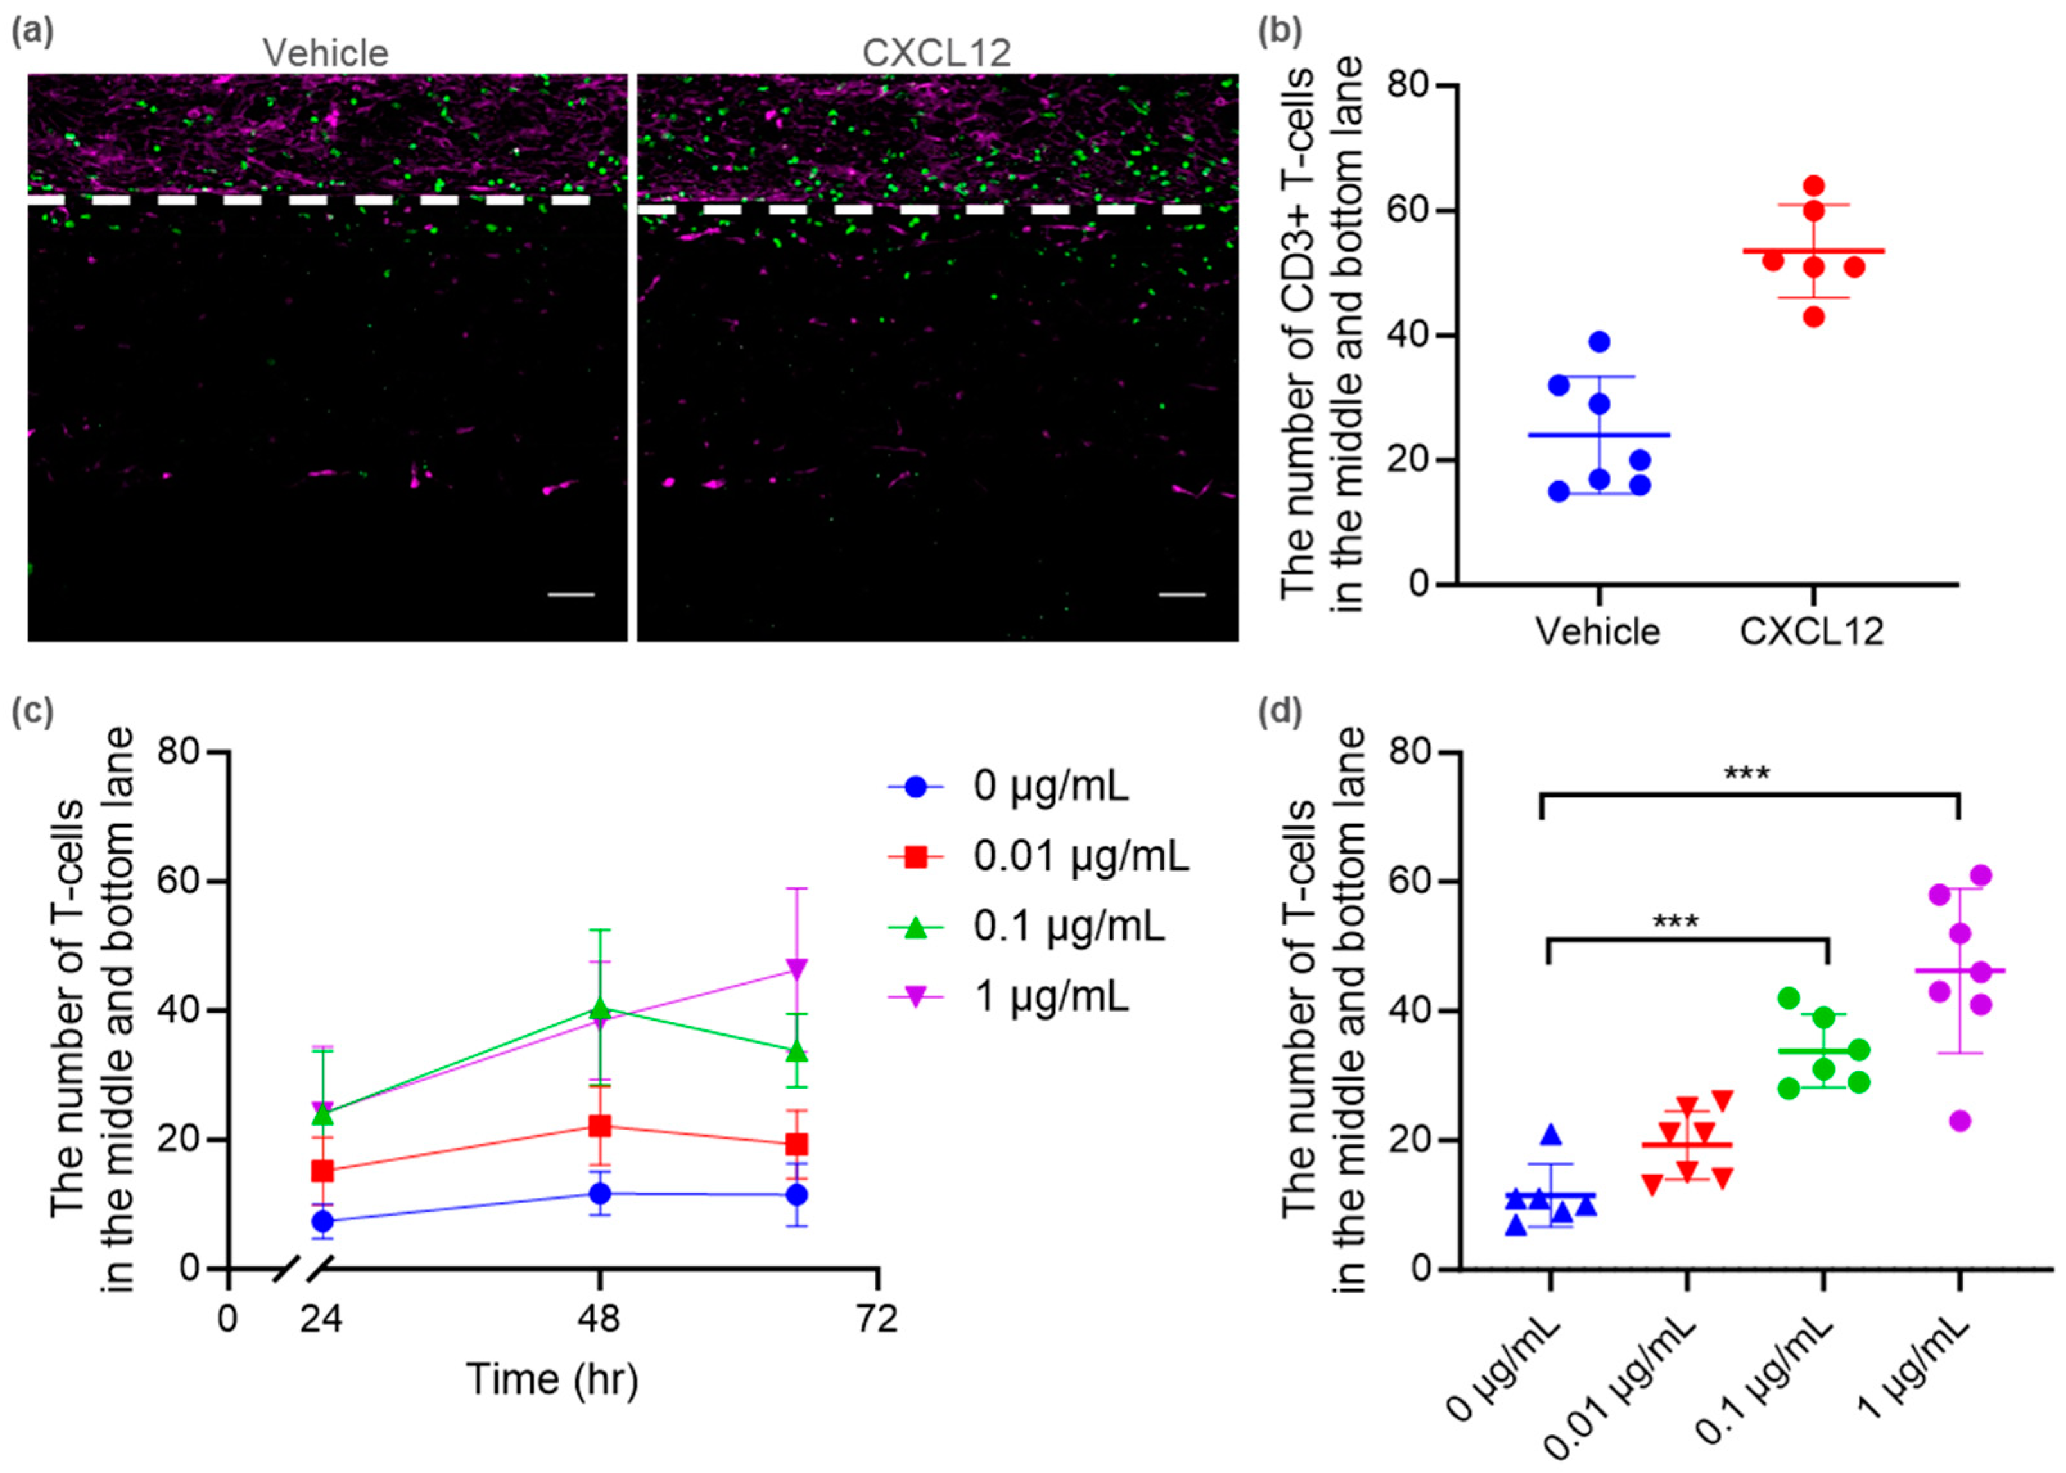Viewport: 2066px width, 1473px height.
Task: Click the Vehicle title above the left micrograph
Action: coord(325,53)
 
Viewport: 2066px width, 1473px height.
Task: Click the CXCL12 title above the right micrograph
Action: coord(936,53)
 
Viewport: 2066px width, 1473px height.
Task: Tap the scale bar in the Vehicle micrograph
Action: coord(571,595)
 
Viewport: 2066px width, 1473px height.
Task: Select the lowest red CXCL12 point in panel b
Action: coord(1813,316)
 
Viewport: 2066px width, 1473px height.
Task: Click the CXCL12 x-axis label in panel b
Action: coord(1812,632)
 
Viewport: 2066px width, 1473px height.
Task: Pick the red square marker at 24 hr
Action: coord(322,1171)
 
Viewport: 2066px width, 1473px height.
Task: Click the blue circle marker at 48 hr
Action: coord(600,1194)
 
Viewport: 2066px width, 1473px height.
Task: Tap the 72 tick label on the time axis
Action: coord(877,1318)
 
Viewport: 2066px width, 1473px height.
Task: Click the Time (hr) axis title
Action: coord(552,1379)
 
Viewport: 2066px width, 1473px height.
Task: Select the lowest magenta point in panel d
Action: coord(1960,1121)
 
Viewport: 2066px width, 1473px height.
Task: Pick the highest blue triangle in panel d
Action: coord(1551,1133)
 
